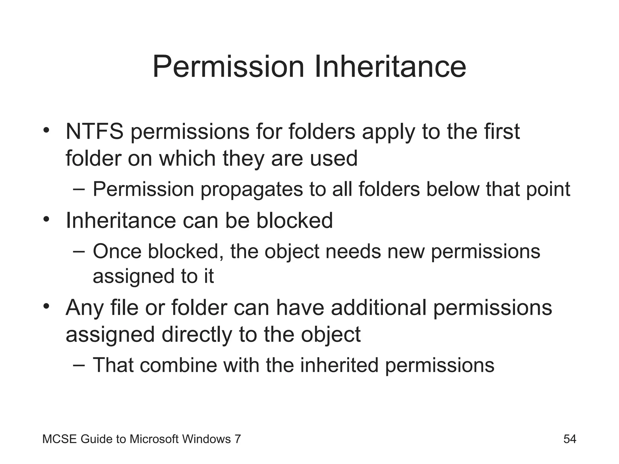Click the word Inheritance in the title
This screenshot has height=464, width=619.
[390, 67]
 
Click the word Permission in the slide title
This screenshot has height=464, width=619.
[228, 67]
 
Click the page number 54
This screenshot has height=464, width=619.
[570, 439]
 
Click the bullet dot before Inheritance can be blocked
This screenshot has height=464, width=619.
[46, 219]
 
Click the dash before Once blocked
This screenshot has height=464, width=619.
[79, 251]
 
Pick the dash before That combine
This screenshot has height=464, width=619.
[79, 365]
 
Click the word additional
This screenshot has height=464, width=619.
[379, 308]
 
